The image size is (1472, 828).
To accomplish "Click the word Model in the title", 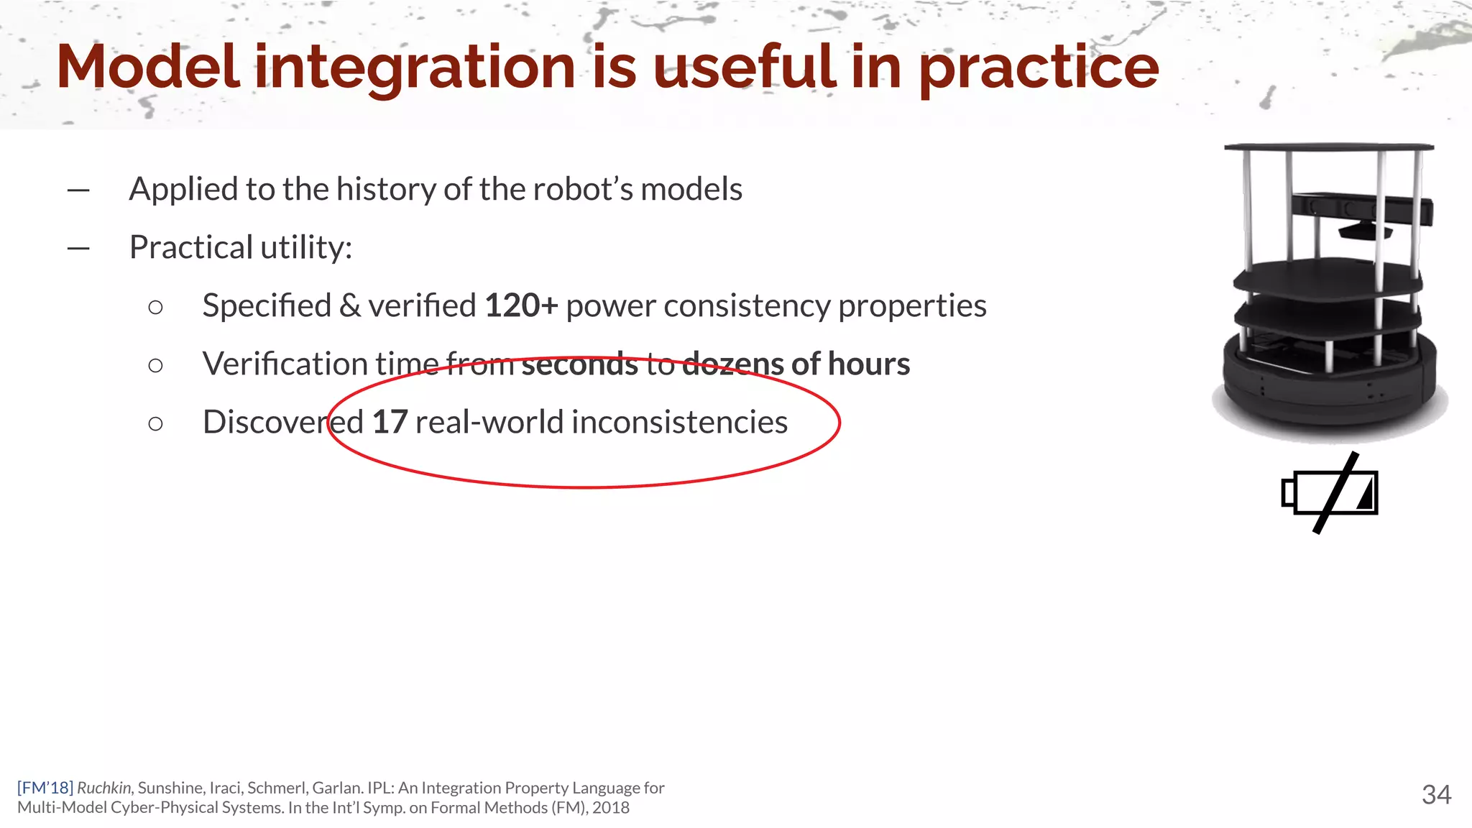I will (147, 67).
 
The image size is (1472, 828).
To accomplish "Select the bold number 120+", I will (521, 305).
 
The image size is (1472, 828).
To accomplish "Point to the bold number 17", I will (390, 422).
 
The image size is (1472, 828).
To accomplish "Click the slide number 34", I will (1436, 794).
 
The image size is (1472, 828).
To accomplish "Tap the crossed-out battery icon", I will (1330, 493).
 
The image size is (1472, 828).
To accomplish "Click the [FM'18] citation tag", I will (45, 788).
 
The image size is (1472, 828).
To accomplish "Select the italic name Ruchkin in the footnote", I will (104, 788).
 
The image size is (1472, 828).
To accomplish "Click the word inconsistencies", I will (679, 422).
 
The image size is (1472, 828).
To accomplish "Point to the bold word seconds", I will (579, 364).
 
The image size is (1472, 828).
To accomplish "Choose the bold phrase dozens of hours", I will (796, 364).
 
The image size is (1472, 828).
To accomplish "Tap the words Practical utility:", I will (241, 248).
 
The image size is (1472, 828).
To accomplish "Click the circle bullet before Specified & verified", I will (155, 308).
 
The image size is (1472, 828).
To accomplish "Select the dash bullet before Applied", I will (78, 190).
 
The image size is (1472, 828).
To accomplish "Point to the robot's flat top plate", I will (1328, 147).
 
